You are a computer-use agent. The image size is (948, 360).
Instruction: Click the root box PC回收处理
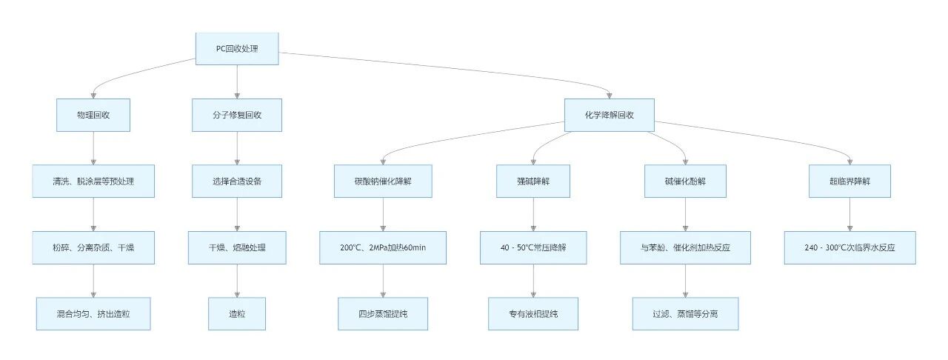[237, 49]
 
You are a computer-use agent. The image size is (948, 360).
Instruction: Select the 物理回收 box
[93, 116]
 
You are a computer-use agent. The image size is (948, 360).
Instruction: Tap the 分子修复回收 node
[237, 116]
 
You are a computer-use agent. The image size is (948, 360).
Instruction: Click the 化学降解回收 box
[610, 116]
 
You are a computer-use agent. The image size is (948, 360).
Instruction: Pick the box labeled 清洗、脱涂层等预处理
[93, 181]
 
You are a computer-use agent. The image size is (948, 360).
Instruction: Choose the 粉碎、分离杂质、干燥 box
[93, 247]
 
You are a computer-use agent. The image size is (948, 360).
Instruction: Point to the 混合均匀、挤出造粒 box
[93, 314]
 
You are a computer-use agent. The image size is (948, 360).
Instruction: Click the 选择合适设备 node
[237, 181]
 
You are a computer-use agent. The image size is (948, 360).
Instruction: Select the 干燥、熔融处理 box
[237, 247]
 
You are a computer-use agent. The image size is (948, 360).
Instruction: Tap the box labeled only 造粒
[237, 314]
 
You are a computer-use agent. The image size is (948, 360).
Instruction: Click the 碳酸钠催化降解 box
[383, 181]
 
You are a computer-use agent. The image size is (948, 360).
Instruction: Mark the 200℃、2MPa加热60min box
[383, 247]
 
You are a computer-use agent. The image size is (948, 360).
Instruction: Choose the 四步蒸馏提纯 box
[383, 314]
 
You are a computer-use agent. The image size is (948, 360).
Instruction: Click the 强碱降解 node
[533, 181]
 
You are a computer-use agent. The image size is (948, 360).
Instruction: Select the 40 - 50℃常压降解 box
[533, 247]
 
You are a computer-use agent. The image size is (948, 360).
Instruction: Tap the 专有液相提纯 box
[533, 314]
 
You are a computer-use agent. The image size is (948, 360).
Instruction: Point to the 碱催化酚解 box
[685, 181]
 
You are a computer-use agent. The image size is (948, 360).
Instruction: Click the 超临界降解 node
[849, 181]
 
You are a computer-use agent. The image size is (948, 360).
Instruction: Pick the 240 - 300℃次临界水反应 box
[849, 247]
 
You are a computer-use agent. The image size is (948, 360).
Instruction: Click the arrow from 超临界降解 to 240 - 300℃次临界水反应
[849, 215]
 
